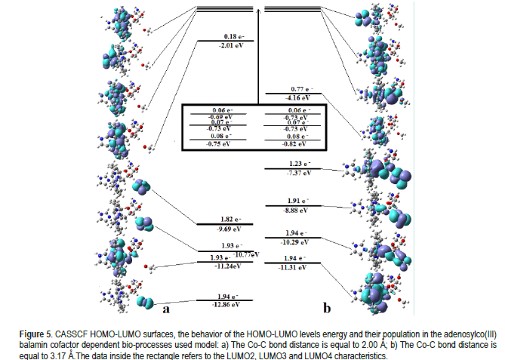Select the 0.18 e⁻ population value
tap(232, 35)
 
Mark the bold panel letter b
tap(327, 308)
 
